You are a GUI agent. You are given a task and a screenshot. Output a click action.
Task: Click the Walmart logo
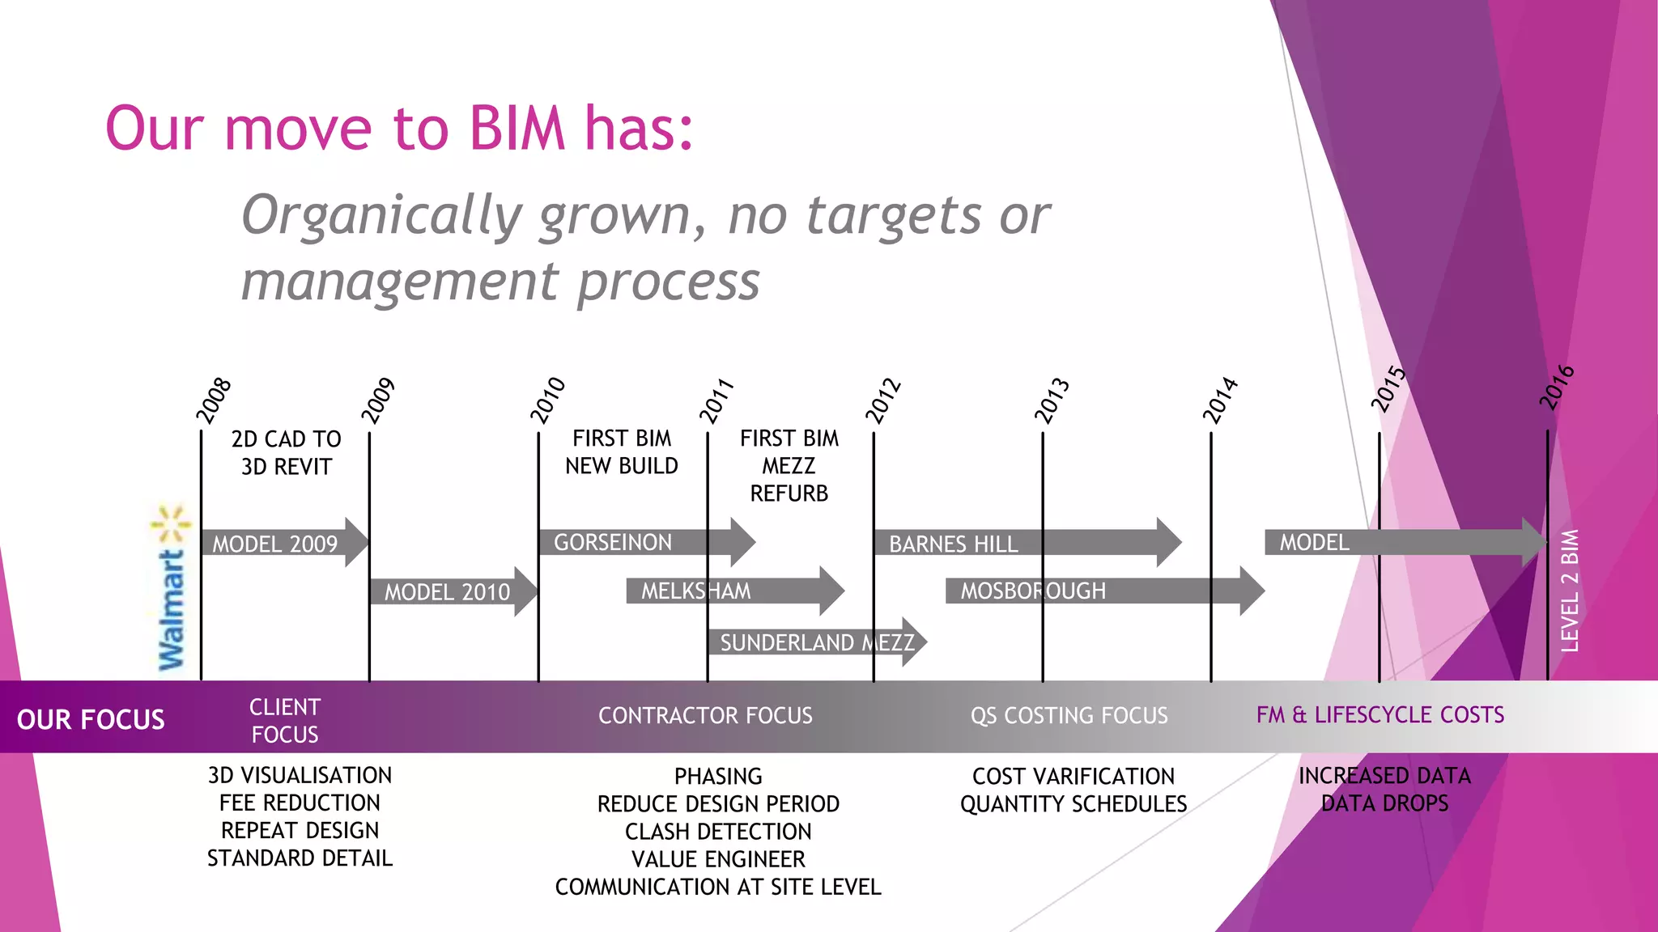(172, 589)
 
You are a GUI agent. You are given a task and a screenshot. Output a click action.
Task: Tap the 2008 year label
(214, 400)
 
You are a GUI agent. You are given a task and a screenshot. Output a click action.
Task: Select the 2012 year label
(883, 400)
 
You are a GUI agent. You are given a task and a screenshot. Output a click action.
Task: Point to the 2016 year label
(1557, 388)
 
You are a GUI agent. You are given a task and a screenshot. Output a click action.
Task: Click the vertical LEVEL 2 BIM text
(1570, 591)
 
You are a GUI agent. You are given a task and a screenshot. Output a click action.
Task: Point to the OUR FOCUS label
(91, 719)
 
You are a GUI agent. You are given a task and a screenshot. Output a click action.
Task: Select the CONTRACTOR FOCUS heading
(705, 715)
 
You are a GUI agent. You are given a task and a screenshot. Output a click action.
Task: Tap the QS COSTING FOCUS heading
(1069, 715)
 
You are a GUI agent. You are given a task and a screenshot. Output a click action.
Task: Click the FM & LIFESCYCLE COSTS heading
(1380, 715)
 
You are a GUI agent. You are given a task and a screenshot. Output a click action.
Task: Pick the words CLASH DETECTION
(718, 832)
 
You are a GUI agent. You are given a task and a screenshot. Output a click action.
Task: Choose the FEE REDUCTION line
(300, 803)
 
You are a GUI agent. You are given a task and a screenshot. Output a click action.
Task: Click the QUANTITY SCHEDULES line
(1073, 804)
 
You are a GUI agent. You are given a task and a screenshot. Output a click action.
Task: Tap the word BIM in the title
(517, 129)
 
